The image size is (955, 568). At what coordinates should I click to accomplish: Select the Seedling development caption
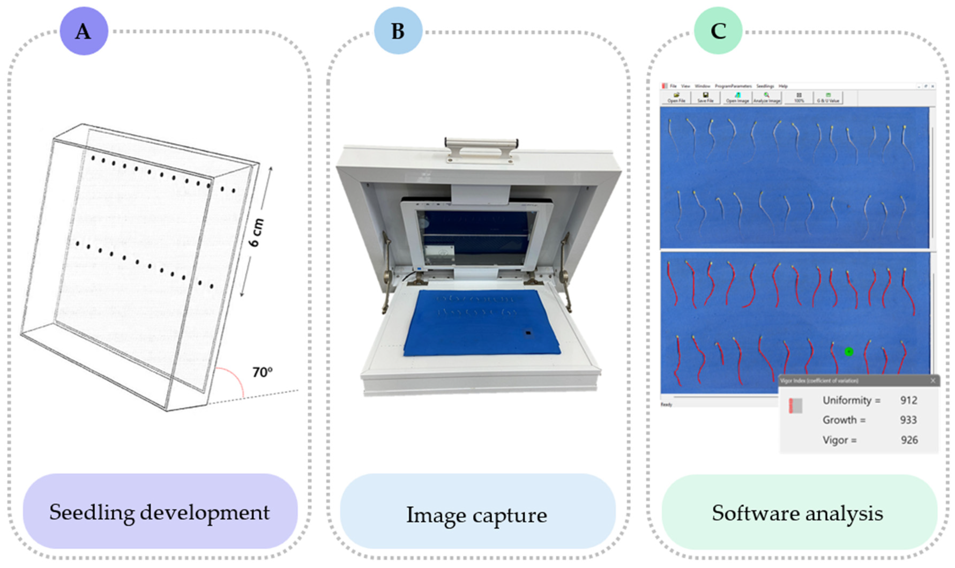[x=160, y=512]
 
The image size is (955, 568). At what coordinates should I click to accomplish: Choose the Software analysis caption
[x=798, y=513]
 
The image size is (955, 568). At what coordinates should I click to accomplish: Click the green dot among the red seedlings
[x=849, y=351]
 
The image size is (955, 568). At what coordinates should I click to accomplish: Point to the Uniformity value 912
[x=908, y=400]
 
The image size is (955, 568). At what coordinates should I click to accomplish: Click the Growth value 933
[x=908, y=420]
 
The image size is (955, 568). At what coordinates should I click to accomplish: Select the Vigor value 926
[x=909, y=440]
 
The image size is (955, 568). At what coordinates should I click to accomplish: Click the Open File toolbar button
[x=676, y=98]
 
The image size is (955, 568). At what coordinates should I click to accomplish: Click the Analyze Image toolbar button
[x=767, y=98]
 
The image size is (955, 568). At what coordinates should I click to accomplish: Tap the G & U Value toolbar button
[x=828, y=98]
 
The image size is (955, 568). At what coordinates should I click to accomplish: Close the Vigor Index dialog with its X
[x=933, y=380]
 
